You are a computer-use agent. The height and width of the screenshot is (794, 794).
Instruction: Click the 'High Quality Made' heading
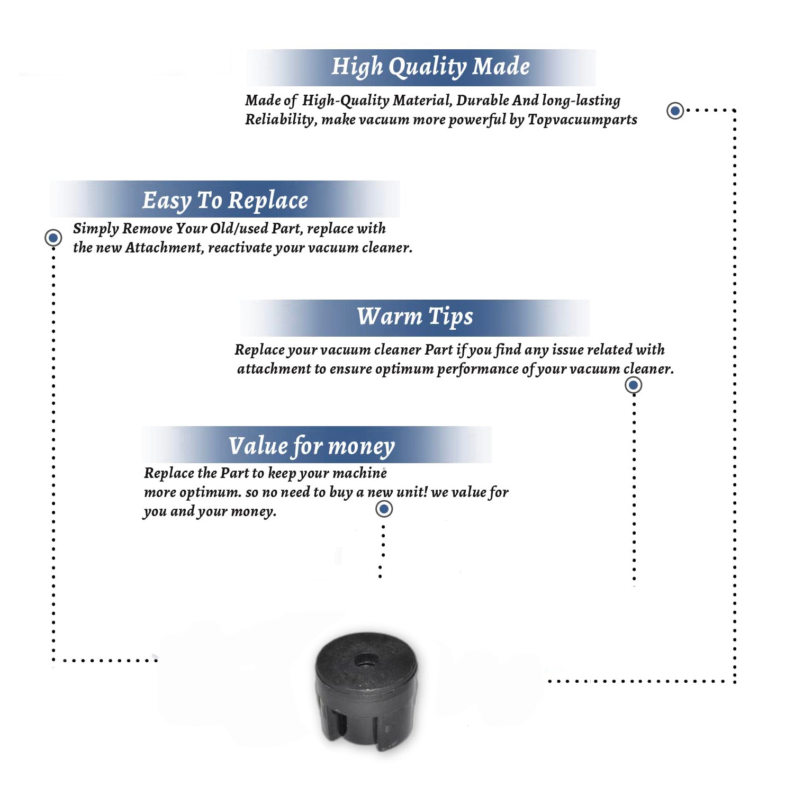(430, 67)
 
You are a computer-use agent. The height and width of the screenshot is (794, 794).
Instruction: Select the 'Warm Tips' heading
(415, 317)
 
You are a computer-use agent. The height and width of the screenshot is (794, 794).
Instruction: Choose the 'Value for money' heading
(312, 446)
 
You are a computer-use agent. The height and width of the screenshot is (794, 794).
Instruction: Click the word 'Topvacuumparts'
(582, 120)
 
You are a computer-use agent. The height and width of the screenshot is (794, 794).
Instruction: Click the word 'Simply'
(96, 229)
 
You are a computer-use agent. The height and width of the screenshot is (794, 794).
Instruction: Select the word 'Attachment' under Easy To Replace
(164, 248)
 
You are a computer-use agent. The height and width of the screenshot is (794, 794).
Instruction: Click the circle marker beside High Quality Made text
(675, 111)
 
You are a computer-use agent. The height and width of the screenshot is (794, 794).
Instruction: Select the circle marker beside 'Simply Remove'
(53, 238)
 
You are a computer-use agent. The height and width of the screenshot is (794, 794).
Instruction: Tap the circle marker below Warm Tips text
(633, 385)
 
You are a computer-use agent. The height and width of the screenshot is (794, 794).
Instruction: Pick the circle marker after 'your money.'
(384, 509)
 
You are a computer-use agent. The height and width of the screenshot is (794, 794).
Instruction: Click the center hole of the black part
(366, 660)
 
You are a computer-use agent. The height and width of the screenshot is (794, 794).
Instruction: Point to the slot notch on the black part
(341, 725)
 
